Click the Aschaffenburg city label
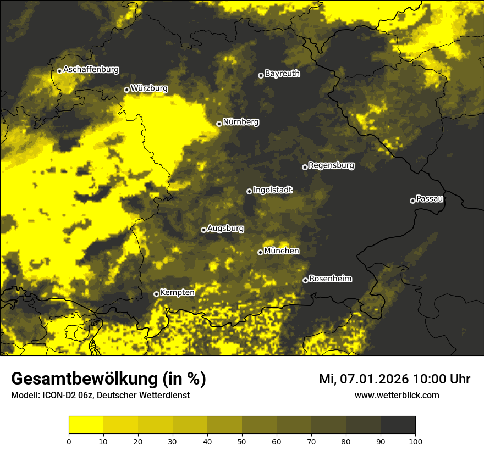coord(91,70)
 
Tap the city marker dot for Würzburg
coord(127,90)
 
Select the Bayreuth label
coord(282,73)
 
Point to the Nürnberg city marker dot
coord(219,124)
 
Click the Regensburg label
coord(331,165)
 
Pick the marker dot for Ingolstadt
coord(249,191)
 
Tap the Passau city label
coord(430,198)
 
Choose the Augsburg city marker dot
coord(204,230)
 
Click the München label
coord(282,251)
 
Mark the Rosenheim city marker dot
coord(305,280)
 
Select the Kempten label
coord(177,292)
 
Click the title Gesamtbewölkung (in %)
coord(108,379)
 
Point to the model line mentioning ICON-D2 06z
coord(100,396)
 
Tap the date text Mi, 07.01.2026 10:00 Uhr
coord(394,379)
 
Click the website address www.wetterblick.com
coord(397,395)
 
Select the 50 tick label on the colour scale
coord(242,441)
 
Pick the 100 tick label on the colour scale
coord(415,441)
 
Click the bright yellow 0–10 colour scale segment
coord(86,425)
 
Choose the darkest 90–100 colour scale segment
coord(398,425)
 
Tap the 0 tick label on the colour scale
coord(69,441)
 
